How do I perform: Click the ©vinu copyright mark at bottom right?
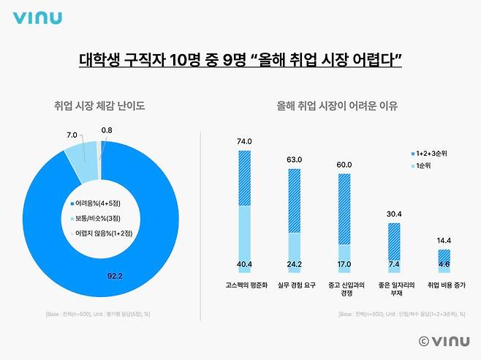[444, 341]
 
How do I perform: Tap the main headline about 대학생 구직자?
[240, 60]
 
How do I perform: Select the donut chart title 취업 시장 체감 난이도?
[99, 106]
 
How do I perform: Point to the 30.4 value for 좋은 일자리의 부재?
[393, 214]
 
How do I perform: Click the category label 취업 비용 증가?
[444, 285]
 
